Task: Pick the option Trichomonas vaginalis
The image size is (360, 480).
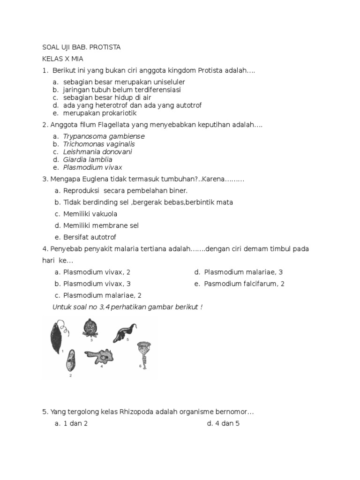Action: tap(99, 144)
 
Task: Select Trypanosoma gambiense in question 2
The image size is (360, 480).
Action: tap(104, 136)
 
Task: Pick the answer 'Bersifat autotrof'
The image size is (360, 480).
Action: tap(90, 237)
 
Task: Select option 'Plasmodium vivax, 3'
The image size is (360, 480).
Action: tap(97, 284)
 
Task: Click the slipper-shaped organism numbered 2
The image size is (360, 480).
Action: tap(70, 361)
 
